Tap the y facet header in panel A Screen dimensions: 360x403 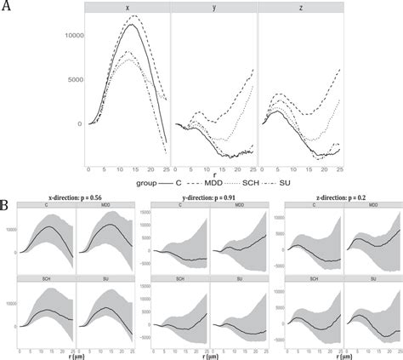click(x=213, y=7)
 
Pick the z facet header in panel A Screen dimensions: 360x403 click(x=299, y=7)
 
